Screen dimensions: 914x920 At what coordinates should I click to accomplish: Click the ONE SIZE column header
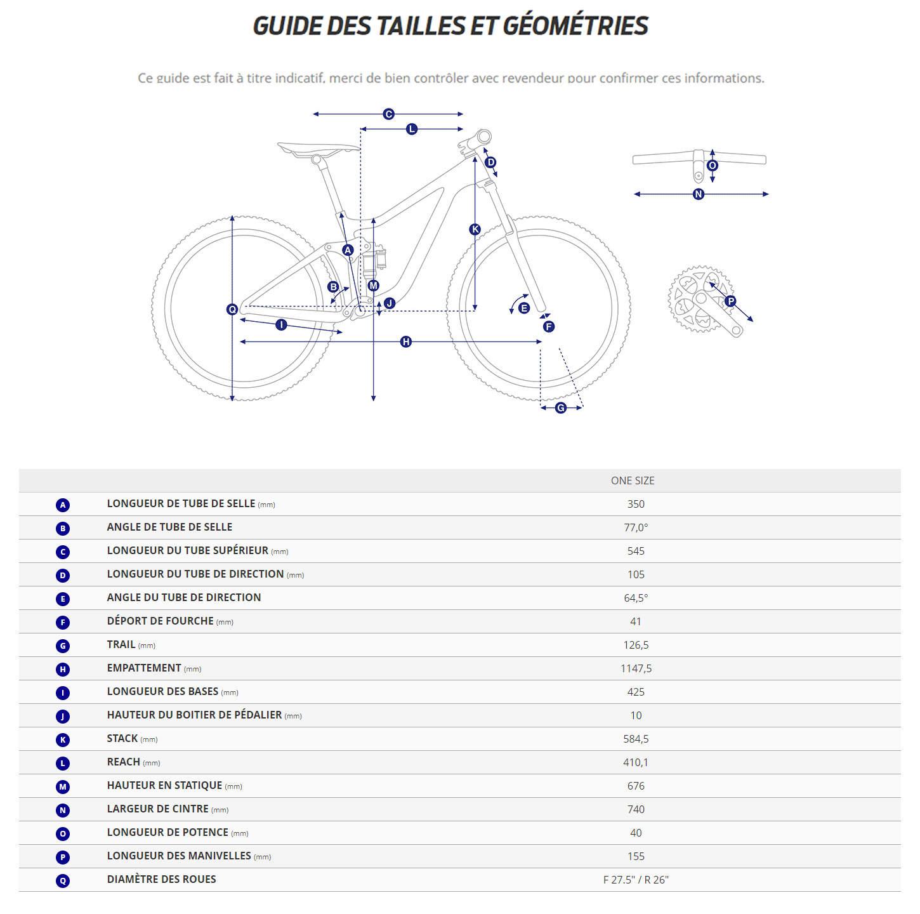click(x=632, y=480)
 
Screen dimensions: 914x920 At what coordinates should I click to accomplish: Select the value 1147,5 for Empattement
click(x=636, y=668)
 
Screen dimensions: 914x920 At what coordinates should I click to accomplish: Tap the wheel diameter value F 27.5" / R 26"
click(x=636, y=880)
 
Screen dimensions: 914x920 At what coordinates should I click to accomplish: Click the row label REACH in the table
click(x=124, y=762)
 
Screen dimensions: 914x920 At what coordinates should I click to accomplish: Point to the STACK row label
click(x=122, y=738)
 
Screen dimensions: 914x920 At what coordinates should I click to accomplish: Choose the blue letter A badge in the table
click(x=63, y=505)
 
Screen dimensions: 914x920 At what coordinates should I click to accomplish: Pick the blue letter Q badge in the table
click(x=63, y=881)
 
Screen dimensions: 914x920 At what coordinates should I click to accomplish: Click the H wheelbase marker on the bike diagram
click(x=406, y=342)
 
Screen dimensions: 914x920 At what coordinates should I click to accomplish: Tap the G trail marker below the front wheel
click(x=561, y=408)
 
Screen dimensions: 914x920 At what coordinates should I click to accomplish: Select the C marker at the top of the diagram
click(x=389, y=114)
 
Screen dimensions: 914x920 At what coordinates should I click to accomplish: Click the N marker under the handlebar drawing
click(x=699, y=194)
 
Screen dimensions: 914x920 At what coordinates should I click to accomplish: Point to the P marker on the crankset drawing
click(x=731, y=301)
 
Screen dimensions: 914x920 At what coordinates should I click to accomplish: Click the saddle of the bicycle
click(x=317, y=149)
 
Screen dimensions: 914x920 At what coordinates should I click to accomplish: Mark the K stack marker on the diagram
click(x=475, y=230)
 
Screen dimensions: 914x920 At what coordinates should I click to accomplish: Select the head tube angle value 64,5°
click(x=636, y=598)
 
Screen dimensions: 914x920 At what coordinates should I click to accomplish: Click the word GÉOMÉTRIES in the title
click(x=575, y=26)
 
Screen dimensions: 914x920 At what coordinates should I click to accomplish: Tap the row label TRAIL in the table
click(x=121, y=644)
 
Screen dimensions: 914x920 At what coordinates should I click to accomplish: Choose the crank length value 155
click(x=636, y=856)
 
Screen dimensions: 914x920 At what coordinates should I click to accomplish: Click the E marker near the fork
click(x=524, y=308)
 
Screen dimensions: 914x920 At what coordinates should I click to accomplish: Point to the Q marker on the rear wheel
click(x=232, y=309)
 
